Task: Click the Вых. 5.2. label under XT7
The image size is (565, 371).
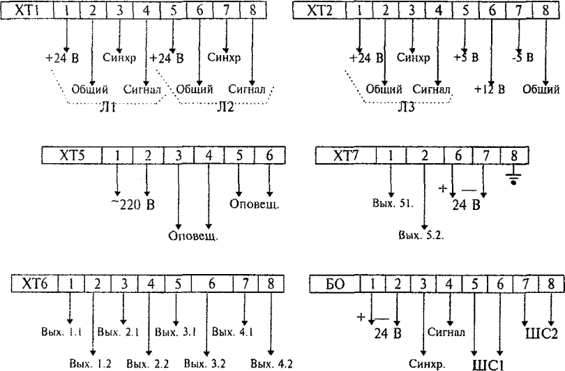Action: point(422,236)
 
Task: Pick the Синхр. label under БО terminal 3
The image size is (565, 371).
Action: point(425,363)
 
